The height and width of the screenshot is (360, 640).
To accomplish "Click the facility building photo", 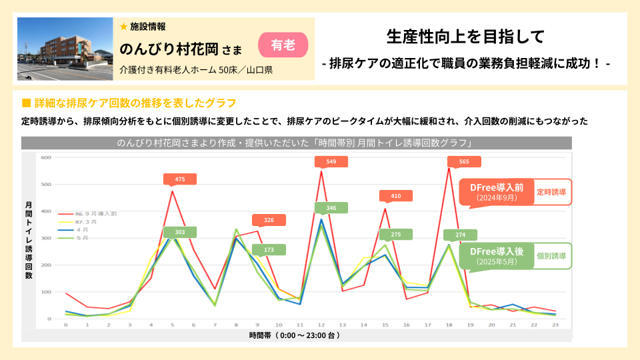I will point(65,49).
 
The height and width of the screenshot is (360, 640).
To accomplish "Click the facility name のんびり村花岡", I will point(170,49).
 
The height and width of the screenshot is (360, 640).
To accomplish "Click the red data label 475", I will point(180,179).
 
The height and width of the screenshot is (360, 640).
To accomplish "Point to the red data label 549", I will point(331,162).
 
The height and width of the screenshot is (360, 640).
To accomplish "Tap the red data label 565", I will point(464,161).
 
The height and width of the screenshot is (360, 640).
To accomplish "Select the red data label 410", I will point(396,195).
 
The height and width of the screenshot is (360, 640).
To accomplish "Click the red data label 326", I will point(269,220).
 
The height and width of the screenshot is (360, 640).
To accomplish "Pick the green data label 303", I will point(180,232).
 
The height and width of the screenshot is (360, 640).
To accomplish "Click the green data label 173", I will point(269,250).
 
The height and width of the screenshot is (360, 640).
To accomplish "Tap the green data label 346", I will point(331,208).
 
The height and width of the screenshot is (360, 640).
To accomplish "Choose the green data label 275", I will point(396,234).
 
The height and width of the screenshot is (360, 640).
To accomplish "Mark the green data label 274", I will point(460,235).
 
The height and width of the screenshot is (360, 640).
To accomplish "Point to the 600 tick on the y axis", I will point(46,157).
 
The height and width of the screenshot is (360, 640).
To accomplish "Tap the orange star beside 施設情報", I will point(123,27).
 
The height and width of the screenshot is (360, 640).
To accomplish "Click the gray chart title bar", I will point(296,143).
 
